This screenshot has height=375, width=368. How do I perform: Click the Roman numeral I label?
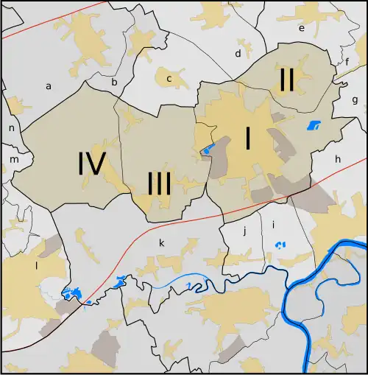point(248,139)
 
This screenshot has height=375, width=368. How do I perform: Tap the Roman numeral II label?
point(286,80)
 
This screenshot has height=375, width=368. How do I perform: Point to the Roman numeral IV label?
point(93,164)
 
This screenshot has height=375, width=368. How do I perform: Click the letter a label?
point(49,86)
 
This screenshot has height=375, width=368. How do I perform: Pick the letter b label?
point(114,83)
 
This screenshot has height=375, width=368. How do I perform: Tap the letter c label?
point(169,78)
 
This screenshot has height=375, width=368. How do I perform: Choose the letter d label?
point(238,54)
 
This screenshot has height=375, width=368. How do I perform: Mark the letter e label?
point(301,28)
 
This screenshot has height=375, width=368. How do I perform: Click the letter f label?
point(347,62)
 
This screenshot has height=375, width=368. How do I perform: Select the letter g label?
point(355,99)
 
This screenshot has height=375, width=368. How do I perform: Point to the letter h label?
point(338,158)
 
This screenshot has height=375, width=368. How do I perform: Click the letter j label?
point(244,231)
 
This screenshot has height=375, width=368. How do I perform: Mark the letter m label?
point(13,158)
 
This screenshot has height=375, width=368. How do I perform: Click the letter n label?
point(12,128)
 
